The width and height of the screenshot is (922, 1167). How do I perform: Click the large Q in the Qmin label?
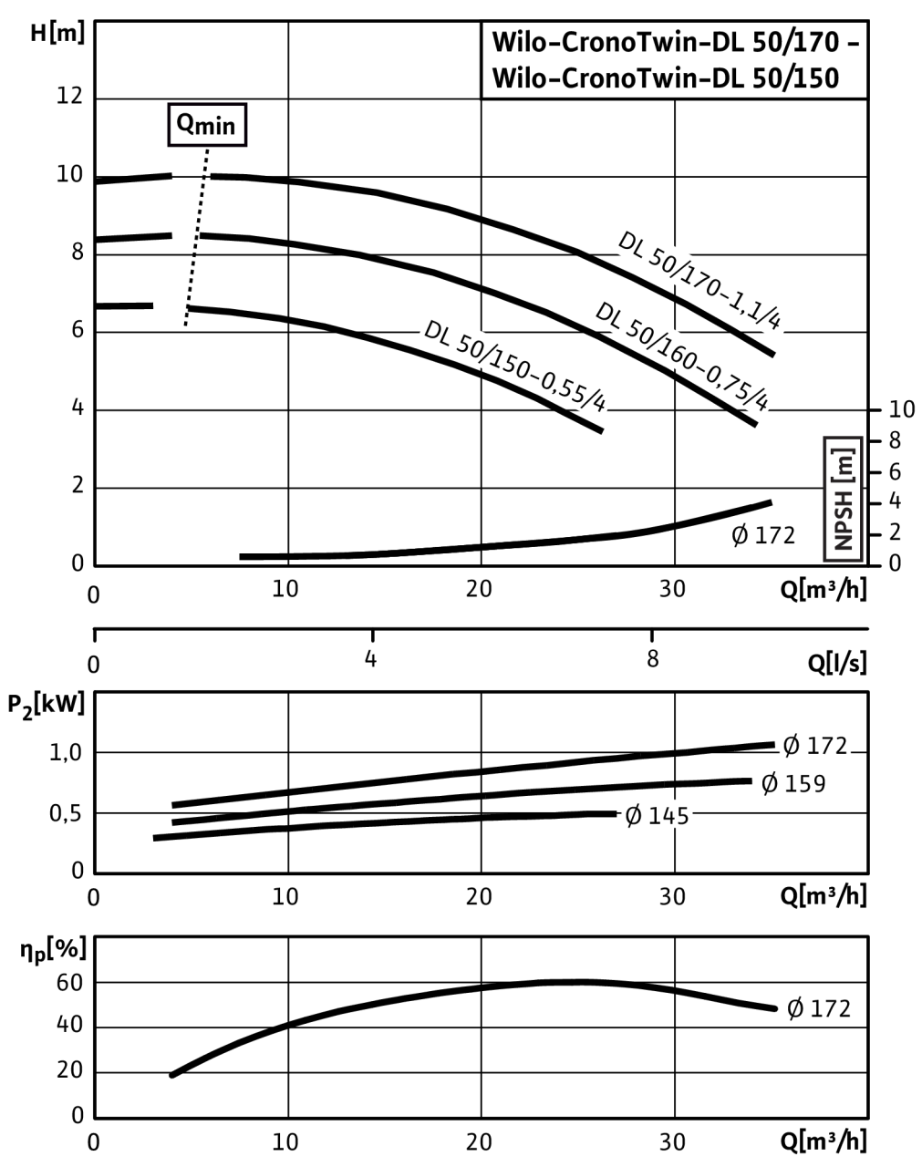pyautogui.click(x=185, y=123)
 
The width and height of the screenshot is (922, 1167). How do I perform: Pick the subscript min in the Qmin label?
pyautogui.click(x=216, y=127)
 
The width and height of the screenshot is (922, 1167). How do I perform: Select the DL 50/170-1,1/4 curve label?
pyautogui.click(x=702, y=280)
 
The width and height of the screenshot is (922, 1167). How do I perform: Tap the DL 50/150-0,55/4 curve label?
pyautogui.click(x=515, y=365)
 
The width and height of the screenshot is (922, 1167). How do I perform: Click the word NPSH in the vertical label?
pyautogui.click(x=843, y=519)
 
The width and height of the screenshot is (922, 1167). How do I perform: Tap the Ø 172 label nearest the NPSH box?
pyautogui.click(x=763, y=535)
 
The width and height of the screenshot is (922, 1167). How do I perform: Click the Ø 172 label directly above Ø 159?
pyautogui.click(x=816, y=745)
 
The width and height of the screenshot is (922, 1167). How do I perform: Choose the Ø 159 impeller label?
pyautogui.click(x=793, y=783)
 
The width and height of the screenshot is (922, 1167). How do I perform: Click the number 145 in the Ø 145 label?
pyautogui.click(x=668, y=815)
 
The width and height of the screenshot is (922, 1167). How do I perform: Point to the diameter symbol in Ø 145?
pyautogui.click(x=633, y=815)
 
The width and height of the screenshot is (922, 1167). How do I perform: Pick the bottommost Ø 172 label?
pyautogui.click(x=819, y=1008)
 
